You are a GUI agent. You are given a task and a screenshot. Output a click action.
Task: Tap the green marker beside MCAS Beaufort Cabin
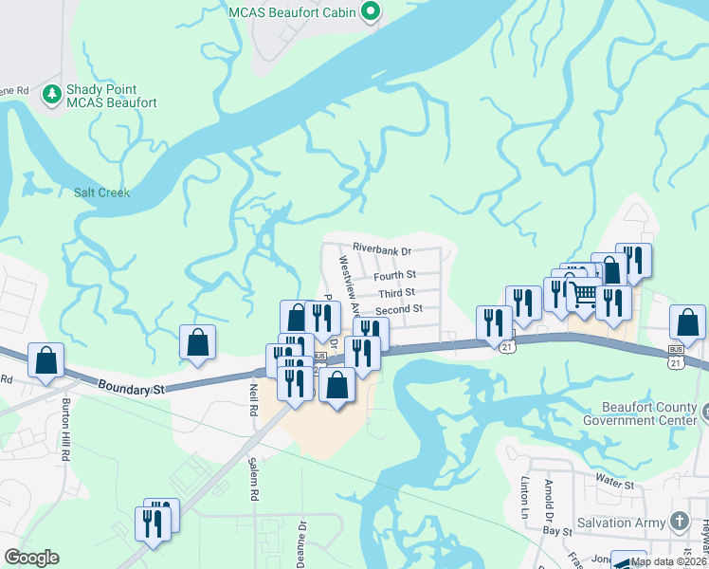click(x=372, y=12)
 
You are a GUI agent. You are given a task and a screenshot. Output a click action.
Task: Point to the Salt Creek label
click(x=101, y=193)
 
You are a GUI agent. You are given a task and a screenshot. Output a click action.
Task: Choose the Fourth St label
click(x=394, y=276)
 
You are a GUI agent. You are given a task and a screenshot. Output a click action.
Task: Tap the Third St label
click(x=396, y=292)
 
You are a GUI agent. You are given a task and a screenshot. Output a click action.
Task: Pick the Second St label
click(x=398, y=310)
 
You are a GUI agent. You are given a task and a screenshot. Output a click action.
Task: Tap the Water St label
click(x=614, y=485)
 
